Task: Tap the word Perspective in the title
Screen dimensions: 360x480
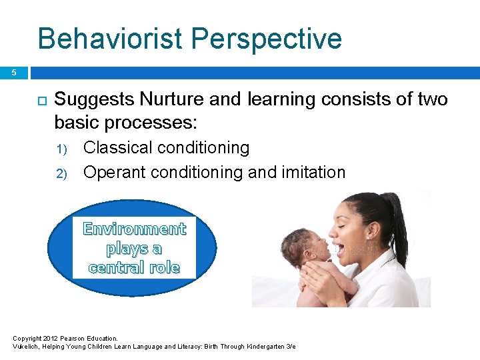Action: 267,39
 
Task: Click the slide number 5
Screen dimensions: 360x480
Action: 13,73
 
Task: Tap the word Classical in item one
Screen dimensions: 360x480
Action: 117,147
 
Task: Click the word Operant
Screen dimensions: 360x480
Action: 114,172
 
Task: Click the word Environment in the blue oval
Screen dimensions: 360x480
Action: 134,229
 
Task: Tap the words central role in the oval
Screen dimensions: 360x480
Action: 134,268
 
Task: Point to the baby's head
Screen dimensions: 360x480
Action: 303,246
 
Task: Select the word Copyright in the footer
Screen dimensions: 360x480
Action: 28,339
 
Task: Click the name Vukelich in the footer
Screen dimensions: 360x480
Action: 27,347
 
